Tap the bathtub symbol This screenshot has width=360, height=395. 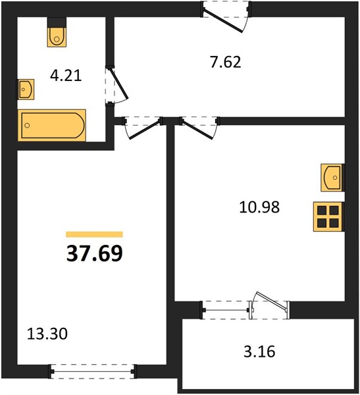click(51, 125)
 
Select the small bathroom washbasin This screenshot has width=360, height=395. click(26, 89)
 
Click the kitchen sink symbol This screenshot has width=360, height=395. click(332, 178)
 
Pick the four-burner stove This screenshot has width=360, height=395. click(328, 217)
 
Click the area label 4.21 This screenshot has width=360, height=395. click(66, 76)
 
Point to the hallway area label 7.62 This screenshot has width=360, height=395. click(226, 63)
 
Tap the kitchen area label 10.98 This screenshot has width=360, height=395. click(259, 207)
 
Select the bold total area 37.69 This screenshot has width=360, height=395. click(95, 253)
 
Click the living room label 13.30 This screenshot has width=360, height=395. click(47, 334)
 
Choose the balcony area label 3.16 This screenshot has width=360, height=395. click(259, 352)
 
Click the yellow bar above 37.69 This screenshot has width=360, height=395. click(94, 234)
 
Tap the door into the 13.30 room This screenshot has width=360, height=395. click(145, 130)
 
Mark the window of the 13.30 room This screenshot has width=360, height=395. click(93, 371)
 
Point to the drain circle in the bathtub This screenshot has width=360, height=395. click(27, 125)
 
